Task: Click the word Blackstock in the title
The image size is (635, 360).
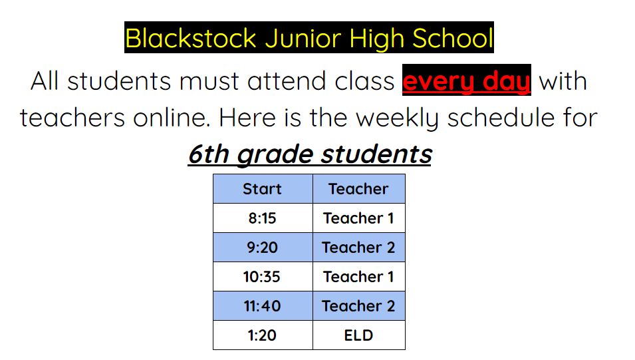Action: (x=191, y=39)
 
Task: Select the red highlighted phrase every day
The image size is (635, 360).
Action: (x=467, y=81)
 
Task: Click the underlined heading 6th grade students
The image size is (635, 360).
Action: (x=311, y=154)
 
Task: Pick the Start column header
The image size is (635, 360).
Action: (x=263, y=189)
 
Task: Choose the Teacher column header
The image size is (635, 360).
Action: (x=358, y=189)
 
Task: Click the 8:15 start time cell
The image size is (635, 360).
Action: (x=263, y=218)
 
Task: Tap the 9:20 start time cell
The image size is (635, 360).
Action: (x=263, y=248)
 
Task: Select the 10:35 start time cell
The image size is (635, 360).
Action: (x=262, y=277)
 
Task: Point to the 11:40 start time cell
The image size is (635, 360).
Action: (x=263, y=306)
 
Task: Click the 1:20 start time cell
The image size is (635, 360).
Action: (x=263, y=335)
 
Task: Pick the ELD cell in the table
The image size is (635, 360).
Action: (x=358, y=335)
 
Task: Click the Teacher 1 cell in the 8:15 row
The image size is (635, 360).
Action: (x=358, y=218)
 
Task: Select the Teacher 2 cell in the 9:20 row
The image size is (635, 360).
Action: (x=358, y=248)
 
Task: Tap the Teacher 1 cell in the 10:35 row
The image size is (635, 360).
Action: (x=358, y=277)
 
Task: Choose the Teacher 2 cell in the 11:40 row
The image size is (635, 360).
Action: (x=358, y=306)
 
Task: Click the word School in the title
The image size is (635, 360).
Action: (x=453, y=39)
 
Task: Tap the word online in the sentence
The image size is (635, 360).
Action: (x=172, y=118)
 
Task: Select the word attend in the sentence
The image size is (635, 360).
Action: (x=287, y=81)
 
